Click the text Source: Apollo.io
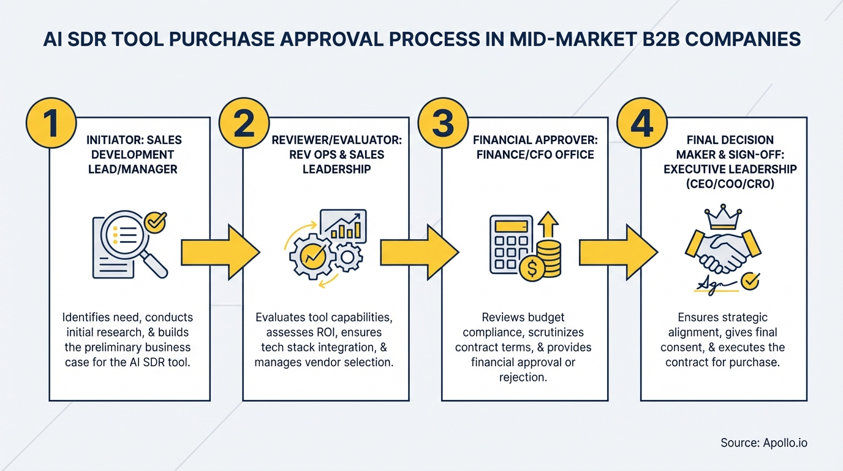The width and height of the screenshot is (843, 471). [769, 443]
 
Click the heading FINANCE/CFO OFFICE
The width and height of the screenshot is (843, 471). [535, 154]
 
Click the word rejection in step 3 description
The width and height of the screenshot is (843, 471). [523, 377]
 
